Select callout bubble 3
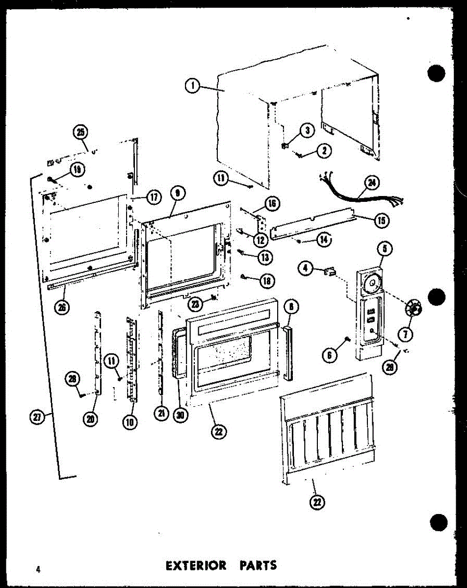click(x=307, y=130)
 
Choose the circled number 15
click(x=380, y=220)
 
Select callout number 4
click(x=306, y=268)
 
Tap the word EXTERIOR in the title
click(x=196, y=566)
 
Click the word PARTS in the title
click(x=258, y=566)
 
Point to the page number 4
click(x=37, y=569)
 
